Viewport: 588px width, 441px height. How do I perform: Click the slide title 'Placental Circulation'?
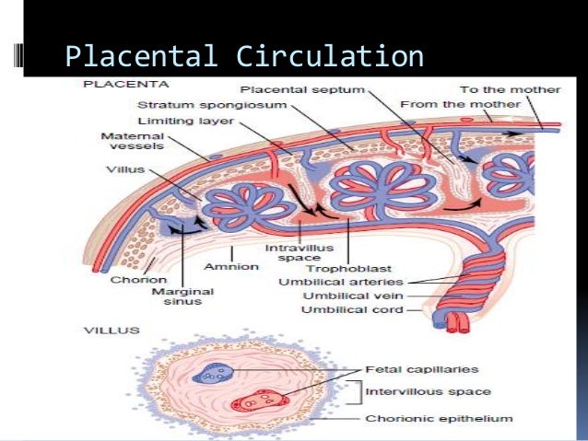[x=244, y=56]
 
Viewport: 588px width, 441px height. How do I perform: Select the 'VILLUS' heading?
[x=107, y=328]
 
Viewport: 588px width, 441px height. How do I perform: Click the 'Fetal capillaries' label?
[x=433, y=369]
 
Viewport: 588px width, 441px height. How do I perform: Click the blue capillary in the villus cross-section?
[x=213, y=375]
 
